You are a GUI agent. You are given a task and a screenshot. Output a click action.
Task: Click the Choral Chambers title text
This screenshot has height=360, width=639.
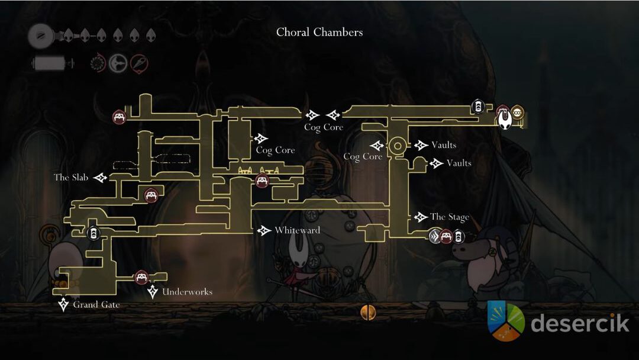[319, 32]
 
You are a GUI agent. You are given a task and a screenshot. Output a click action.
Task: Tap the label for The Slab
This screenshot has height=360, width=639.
[70, 178]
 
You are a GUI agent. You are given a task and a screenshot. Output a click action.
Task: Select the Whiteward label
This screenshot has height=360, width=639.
[297, 230]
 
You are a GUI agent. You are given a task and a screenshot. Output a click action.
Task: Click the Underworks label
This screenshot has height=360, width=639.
[187, 292]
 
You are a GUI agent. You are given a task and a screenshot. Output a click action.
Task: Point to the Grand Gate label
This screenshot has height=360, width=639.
[96, 305]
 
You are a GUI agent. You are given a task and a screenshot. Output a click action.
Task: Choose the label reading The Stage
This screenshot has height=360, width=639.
[449, 217]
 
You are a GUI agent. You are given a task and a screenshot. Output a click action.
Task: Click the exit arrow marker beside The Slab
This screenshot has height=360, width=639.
[101, 178]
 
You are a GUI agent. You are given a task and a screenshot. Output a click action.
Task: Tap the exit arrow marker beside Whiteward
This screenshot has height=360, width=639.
[264, 230]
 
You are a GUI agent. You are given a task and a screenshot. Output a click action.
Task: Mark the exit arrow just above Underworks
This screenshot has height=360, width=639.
[153, 291]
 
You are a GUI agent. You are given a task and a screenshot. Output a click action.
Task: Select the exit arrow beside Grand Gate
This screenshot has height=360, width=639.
[63, 305]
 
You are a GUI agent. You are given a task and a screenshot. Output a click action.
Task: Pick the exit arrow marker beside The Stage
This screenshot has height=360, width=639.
[421, 217]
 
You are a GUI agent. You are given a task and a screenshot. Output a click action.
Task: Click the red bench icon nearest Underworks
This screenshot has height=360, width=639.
[141, 277]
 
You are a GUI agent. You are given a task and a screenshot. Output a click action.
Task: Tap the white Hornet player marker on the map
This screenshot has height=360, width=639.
[505, 120]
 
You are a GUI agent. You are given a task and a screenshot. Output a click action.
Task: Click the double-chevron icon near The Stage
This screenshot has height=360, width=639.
[435, 237]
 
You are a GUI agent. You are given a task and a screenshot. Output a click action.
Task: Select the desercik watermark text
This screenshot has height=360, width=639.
[580, 323]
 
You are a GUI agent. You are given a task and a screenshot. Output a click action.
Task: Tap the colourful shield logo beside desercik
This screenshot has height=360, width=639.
[506, 322]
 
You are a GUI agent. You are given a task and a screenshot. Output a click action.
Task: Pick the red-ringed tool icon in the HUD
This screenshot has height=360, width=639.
[139, 63]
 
